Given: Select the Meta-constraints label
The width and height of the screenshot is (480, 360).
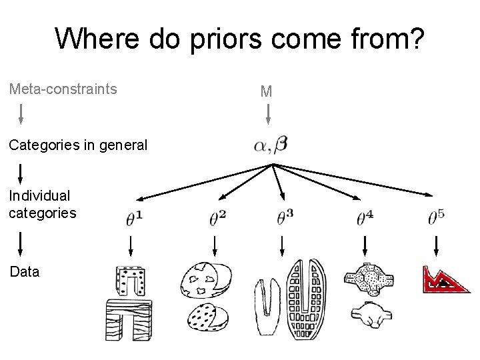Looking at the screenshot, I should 63,89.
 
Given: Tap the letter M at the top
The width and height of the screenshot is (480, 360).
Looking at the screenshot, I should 267,91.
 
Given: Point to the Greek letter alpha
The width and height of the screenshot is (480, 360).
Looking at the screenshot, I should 261,146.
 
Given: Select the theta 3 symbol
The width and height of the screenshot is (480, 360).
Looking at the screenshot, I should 285,217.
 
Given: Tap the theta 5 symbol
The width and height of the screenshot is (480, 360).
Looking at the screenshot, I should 437,217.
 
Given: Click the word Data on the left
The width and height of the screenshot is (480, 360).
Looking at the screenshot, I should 24,272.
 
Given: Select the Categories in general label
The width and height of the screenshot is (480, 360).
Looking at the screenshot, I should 78,144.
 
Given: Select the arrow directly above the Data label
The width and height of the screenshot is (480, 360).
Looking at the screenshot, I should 21,243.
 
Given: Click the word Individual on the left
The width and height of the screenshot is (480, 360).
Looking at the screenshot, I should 39,196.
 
